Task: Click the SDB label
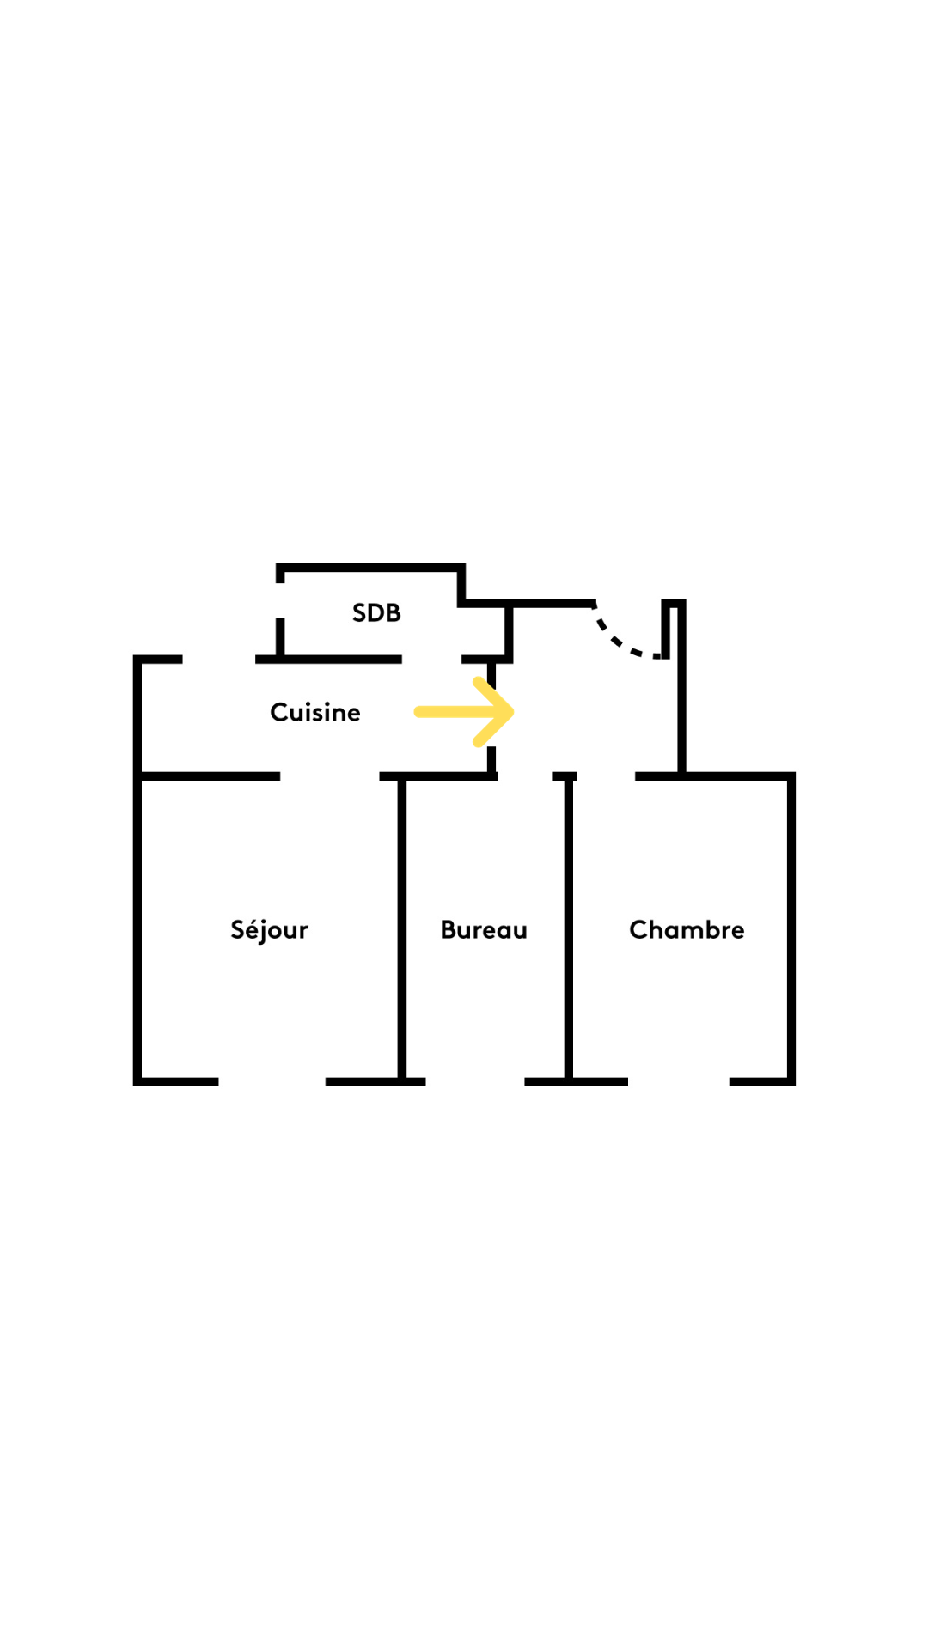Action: click(x=376, y=612)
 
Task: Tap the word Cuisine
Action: click(x=315, y=712)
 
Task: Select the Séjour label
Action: click(x=269, y=930)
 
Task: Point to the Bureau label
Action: click(x=484, y=929)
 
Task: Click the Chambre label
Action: click(x=687, y=929)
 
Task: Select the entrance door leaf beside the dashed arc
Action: click(x=666, y=629)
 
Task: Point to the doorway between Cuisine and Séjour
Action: click(x=330, y=776)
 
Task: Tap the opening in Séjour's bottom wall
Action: click(x=272, y=1082)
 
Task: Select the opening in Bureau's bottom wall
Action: click(x=475, y=1082)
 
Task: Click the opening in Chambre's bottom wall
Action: click(x=679, y=1082)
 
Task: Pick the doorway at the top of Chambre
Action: click(x=606, y=776)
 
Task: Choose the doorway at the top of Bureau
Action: click(x=525, y=776)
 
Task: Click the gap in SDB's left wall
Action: click(x=280, y=600)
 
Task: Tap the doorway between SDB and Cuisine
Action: click(x=431, y=660)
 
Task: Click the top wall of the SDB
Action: click(x=370, y=568)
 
